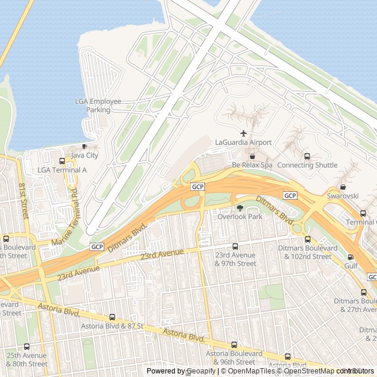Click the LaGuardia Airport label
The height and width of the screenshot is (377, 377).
coord(243,142)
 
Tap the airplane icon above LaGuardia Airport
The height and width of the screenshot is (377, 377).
coord(243,133)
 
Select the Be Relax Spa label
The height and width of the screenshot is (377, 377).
coord(252,165)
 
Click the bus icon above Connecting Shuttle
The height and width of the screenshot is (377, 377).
coord(307,156)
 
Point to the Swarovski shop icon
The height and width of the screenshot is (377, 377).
coord(343,187)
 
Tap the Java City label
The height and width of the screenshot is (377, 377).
coord(84,156)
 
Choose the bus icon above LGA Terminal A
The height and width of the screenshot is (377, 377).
coord(62,161)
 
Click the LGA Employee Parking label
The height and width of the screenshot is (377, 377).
coord(98,105)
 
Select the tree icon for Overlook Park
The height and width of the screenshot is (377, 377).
coord(239,208)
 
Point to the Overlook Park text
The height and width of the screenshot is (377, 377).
coord(239,217)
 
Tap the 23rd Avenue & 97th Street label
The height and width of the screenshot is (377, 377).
coord(235,259)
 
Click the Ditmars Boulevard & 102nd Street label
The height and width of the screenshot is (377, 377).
coord(307,252)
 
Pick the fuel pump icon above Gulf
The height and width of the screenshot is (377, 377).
coord(351,257)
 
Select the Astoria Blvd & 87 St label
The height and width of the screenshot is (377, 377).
coord(112,326)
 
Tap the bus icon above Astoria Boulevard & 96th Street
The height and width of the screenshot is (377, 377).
coord(234,345)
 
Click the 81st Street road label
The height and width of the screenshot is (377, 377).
coord(24,201)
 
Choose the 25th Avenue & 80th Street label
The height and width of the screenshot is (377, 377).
coord(27,359)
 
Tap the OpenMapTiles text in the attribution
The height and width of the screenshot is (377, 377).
coord(248,371)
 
